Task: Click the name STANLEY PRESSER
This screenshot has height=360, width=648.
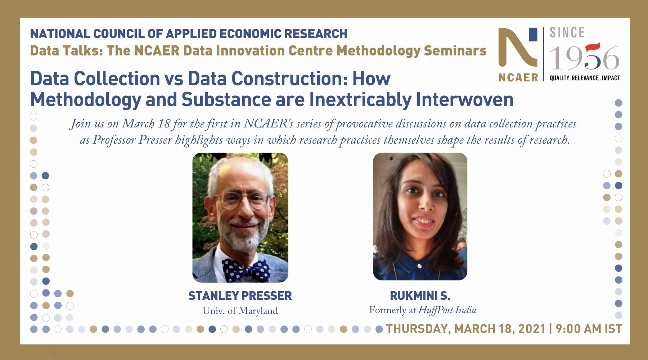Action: tap(240, 296)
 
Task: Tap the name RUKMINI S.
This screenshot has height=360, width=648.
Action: tap(420, 296)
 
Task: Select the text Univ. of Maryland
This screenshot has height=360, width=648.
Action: tap(240, 311)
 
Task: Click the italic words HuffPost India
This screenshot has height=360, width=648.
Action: tap(447, 310)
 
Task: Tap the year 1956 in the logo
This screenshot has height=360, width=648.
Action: tap(584, 58)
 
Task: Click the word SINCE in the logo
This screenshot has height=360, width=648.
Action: tap(567, 33)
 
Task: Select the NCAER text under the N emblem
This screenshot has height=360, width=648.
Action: tap(518, 77)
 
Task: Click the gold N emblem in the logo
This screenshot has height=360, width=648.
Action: tap(518, 47)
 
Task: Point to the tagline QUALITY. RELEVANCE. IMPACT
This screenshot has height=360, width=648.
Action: tap(585, 78)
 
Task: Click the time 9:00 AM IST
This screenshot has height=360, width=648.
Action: tap(589, 329)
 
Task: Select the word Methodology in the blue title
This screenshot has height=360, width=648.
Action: tap(86, 100)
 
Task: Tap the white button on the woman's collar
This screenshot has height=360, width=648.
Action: tap(419, 266)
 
